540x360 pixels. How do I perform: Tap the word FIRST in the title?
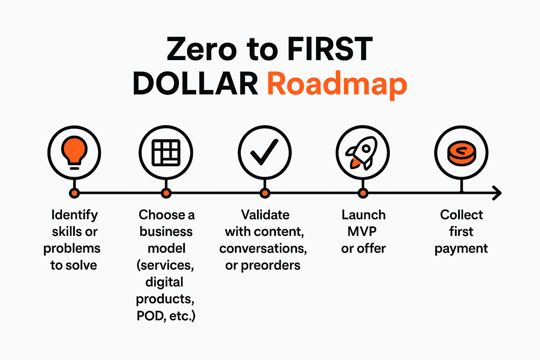click(x=330, y=50)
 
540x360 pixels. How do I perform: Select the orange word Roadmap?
click(x=337, y=84)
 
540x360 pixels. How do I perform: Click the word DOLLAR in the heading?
click(x=195, y=84)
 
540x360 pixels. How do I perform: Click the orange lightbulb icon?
click(x=74, y=150)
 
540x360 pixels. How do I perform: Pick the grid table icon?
click(x=166, y=153)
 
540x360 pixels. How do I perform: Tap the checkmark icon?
click(x=264, y=152)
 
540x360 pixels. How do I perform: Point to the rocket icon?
click(x=362, y=153)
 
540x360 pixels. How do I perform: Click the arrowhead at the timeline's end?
click(x=497, y=193)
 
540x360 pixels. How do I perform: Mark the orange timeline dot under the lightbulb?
click(x=74, y=193)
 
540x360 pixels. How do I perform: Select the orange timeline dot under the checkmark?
click(x=265, y=193)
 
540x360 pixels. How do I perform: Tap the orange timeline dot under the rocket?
click(x=363, y=193)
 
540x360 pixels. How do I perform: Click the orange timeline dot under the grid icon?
click(x=166, y=193)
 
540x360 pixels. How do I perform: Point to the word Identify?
click(x=75, y=215)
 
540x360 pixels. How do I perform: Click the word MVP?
click(x=362, y=231)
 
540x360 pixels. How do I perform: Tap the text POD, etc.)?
click(x=166, y=316)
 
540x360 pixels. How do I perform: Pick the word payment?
click(x=461, y=249)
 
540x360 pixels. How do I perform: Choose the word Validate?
click(x=265, y=215)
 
